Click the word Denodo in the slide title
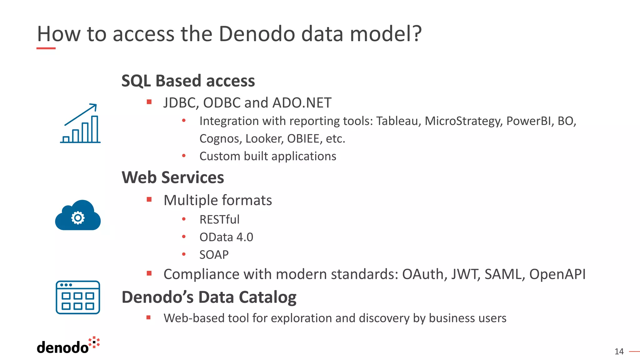(x=256, y=34)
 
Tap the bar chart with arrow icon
(x=80, y=124)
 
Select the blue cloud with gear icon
(x=78, y=216)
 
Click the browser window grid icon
(x=78, y=297)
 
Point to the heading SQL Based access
(x=188, y=81)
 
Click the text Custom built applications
(x=267, y=156)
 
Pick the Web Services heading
(x=172, y=177)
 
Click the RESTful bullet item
(x=219, y=220)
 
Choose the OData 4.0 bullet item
(x=226, y=237)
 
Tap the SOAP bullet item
(x=214, y=255)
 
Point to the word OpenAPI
(x=557, y=274)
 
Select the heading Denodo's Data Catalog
(x=209, y=297)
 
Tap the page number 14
(x=619, y=352)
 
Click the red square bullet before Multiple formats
(x=149, y=199)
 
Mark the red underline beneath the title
(x=46, y=48)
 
